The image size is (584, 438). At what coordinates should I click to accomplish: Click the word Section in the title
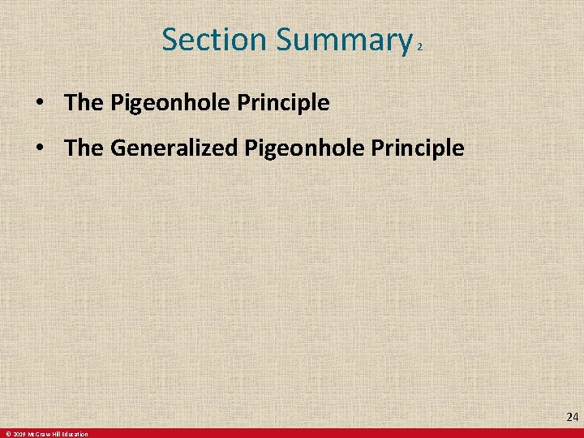213,39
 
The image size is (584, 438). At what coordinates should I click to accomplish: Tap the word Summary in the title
341,41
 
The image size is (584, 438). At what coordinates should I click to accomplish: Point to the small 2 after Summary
419,48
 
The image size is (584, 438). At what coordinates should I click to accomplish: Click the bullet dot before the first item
39,104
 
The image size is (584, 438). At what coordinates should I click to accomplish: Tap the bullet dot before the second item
39,149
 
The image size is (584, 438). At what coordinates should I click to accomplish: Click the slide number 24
572,418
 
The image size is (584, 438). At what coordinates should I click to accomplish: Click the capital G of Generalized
115,148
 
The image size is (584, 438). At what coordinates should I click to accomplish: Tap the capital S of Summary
283,40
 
